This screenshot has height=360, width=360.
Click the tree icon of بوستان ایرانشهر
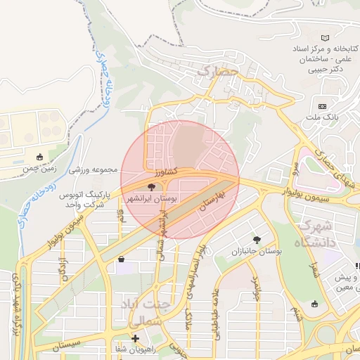pos(151,187)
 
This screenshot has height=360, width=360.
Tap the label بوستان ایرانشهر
pos(151,200)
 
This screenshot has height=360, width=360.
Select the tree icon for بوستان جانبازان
pos(256,239)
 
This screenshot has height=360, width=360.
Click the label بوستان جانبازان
pos(256,251)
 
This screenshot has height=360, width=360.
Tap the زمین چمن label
pos(39,169)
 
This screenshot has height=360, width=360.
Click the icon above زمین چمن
pos(39,156)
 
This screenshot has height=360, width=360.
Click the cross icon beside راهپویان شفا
pos(135,339)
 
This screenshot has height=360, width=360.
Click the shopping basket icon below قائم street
pos(122,259)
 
